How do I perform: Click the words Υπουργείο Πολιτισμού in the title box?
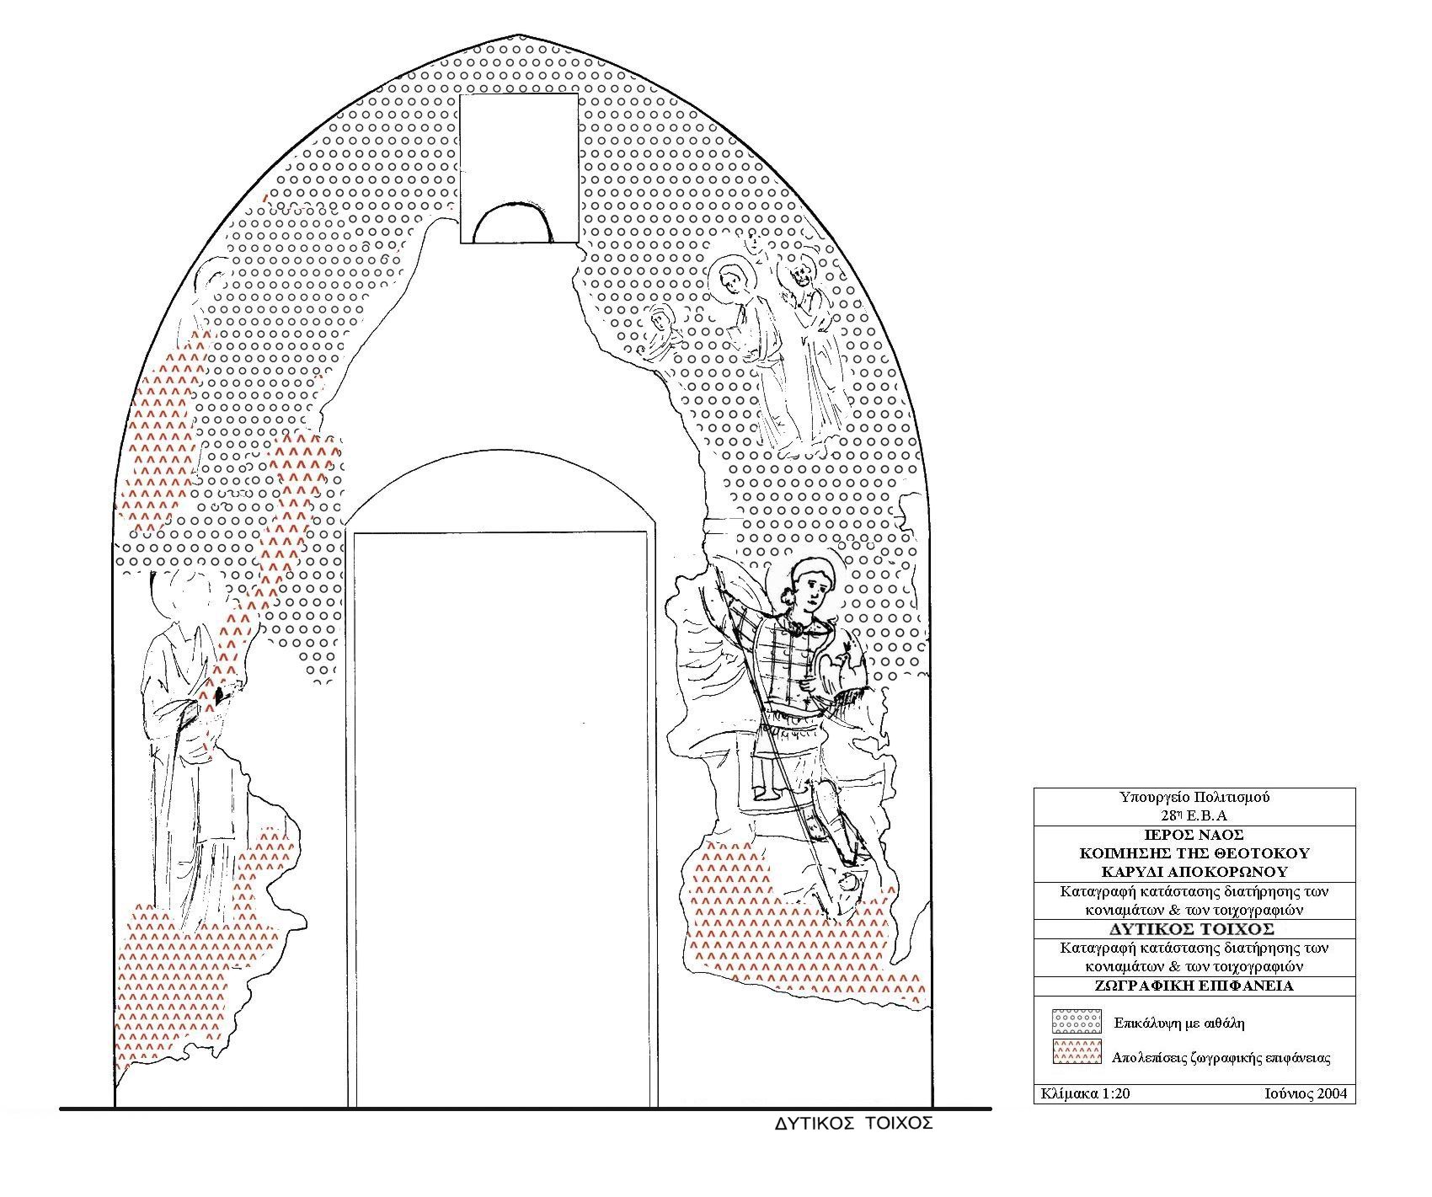pos(1194,797)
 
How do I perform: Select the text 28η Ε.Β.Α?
pos(1194,815)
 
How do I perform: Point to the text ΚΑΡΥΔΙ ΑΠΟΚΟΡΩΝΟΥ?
pos(1194,872)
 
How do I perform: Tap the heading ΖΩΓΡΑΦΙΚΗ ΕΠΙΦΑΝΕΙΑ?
pos(1194,985)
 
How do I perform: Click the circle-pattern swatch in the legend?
pos(1076,1022)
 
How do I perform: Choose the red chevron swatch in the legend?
pos(1076,1052)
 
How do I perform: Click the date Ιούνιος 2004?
pos(1305,1093)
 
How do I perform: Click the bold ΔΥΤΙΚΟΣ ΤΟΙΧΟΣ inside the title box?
pos(1194,929)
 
